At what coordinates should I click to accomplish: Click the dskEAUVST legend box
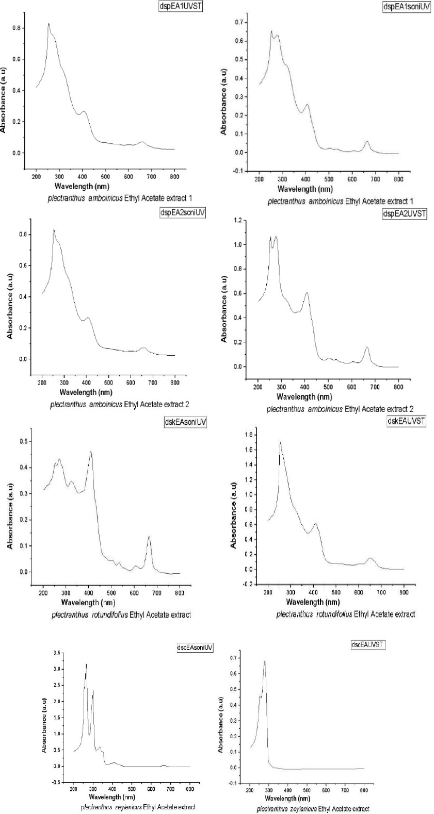point(406,421)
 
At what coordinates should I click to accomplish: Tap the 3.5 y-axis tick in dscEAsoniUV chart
point(56,653)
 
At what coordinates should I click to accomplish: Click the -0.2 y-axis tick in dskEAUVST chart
point(249,584)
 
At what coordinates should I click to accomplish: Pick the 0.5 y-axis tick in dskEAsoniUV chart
point(23,442)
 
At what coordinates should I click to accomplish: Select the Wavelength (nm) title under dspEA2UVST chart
point(304,397)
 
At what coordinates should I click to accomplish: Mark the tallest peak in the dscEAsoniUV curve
point(86,664)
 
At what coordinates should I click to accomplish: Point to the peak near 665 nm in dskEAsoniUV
point(149,537)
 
